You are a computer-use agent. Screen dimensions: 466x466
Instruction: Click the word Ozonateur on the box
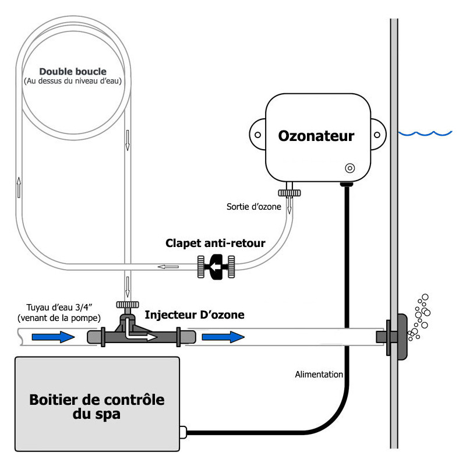coord(316,136)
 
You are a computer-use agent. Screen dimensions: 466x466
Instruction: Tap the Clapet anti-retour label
coord(215,243)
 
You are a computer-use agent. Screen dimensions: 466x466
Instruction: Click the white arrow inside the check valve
coord(215,267)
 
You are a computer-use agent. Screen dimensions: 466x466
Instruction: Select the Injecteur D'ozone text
coord(195,315)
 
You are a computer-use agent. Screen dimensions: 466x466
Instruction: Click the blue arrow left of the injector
coord(53,337)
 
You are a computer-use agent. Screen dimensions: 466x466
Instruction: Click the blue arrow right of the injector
coord(223,337)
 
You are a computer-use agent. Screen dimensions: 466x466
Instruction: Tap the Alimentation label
coord(319,375)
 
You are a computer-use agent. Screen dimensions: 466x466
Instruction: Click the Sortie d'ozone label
coord(254,207)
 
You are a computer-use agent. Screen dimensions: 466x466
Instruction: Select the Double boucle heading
coord(73,71)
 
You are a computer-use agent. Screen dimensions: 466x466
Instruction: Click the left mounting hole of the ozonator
coord(257,135)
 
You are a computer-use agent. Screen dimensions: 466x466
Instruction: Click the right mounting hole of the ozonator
coord(377,135)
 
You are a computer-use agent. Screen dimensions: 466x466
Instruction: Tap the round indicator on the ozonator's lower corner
coord(350,168)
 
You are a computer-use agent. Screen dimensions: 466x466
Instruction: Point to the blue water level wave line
coord(425,133)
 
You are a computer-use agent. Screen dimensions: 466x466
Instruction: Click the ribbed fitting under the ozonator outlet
coord(289,193)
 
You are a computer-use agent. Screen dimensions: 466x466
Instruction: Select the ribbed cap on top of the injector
coord(128,305)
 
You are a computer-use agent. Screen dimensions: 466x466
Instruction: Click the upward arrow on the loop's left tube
coord(19,187)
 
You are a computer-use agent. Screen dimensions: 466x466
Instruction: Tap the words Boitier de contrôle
coord(97,400)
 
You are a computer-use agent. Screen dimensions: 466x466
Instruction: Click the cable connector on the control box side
coord(183,432)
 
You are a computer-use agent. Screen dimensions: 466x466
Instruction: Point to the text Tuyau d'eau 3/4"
coord(59,308)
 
